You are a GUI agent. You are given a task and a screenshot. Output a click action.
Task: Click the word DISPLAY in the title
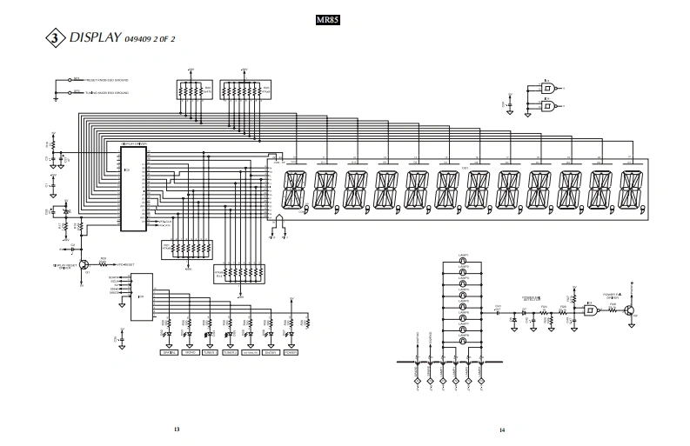(94, 38)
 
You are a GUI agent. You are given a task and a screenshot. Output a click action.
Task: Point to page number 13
(177, 429)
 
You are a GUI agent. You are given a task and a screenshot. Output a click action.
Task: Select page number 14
(502, 429)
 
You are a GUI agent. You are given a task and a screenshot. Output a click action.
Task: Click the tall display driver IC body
(133, 189)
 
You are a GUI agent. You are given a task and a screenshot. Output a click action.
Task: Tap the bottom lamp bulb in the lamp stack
(464, 343)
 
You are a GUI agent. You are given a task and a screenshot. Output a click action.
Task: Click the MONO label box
(189, 352)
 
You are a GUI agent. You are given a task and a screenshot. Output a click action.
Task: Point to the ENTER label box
(271, 352)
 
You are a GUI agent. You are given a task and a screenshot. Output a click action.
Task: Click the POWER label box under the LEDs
(291, 352)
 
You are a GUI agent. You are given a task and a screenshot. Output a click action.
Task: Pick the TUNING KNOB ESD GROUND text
(104, 91)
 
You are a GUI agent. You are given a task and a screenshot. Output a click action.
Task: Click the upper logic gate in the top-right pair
(550, 88)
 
